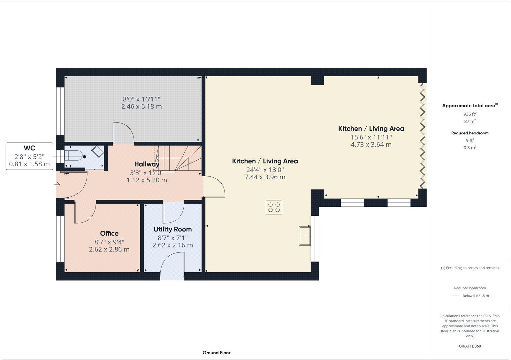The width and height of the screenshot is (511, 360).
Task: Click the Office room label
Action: point(109,233)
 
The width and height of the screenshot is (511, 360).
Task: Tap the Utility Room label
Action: point(172,229)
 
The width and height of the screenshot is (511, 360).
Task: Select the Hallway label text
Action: point(147,164)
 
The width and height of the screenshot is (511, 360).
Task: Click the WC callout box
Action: point(29,156)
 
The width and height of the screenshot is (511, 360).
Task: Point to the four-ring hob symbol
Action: point(274,207)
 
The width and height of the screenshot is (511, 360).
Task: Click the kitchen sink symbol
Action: point(305,236)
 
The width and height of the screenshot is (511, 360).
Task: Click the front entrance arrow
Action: point(58,185)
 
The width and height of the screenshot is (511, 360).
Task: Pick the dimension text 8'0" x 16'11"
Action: point(141,99)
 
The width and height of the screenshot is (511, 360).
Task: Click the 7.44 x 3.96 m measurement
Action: point(265,177)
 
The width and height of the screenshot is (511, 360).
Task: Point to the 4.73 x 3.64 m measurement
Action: point(371,145)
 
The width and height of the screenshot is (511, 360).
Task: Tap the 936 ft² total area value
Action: point(470,114)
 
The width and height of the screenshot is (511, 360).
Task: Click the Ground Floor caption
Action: point(216,353)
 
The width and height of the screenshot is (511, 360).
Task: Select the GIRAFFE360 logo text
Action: point(470,346)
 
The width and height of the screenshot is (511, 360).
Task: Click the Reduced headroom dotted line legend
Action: point(455,296)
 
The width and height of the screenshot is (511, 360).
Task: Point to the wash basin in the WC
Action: point(97,151)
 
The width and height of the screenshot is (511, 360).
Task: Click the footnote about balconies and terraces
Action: point(470,268)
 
